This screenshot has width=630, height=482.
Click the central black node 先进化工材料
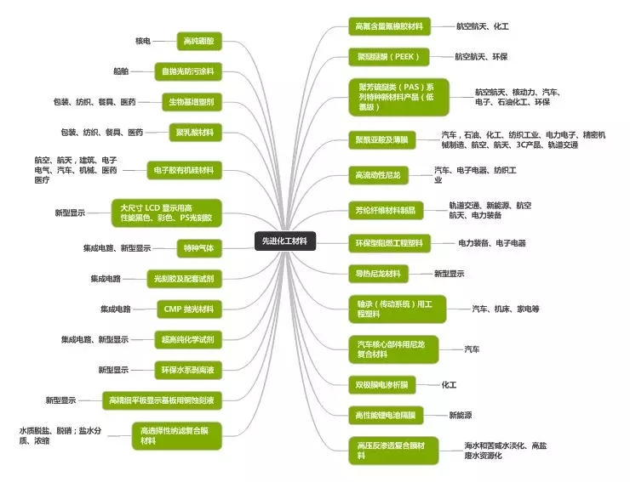click(x=285, y=241)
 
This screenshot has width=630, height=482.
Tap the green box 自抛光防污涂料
click(x=188, y=71)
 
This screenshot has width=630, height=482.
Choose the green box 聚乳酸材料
click(x=195, y=133)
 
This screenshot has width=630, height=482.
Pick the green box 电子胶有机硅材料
click(x=184, y=170)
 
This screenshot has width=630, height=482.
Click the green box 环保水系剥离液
click(x=186, y=370)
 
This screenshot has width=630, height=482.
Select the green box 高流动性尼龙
click(x=378, y=175)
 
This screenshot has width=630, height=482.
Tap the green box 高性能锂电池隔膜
click(x=385, y=415)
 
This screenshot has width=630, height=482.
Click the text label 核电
click(x=142, y=41)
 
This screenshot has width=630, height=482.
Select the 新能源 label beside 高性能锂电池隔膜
click(x=461, y=415)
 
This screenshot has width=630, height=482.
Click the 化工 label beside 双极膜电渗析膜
click(x=449, y=384)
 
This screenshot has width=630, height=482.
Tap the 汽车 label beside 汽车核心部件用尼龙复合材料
click(x=472, y=349)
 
